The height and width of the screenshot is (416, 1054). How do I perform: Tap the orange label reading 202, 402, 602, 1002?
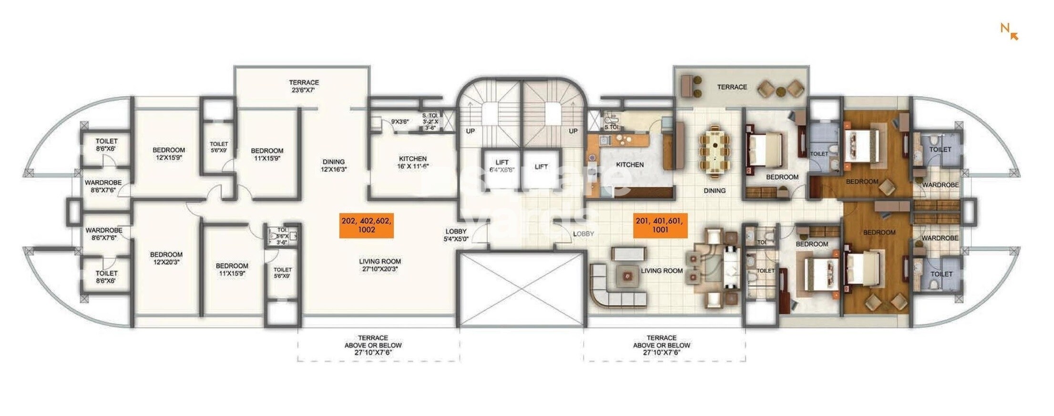(366, 225)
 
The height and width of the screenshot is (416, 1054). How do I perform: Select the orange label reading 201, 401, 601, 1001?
(660, 225)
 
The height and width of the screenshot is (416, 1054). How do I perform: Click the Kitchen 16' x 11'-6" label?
(412, 162)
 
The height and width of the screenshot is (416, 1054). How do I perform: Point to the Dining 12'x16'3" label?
(333, 165)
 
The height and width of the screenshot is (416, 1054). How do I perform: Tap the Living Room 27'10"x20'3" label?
(379, 265)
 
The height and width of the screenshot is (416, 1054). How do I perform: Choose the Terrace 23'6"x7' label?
(304, 86)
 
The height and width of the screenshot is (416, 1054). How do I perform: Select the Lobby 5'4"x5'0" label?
(456, 235)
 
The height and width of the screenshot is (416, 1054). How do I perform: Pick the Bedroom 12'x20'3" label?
(166, 258)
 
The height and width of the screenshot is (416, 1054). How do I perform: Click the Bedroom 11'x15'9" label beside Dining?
(267, 154)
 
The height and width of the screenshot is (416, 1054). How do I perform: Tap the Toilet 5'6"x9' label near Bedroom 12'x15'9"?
(219, 147)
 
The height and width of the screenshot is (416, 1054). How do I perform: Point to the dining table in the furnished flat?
(714, 151)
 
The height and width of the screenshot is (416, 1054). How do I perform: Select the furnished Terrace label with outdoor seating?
(732, 87)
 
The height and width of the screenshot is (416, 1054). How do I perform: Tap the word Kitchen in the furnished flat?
(630, 164)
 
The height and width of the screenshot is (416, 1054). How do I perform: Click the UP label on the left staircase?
(470, 131)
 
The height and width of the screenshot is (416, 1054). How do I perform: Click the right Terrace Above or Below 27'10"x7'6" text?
(661, 345)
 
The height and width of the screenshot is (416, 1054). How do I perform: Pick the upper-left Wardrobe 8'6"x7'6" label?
(103, 186)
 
